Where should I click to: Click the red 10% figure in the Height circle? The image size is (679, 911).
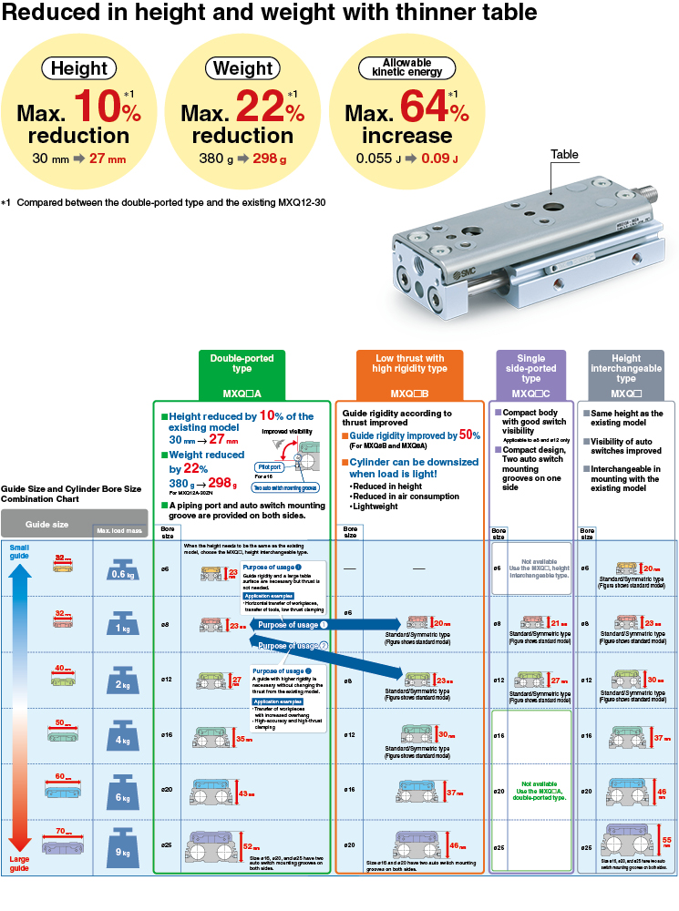pyautogui.click(x=108, y=108)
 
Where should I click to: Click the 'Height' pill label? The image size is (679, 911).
pyautogui.click(x=78, y=68)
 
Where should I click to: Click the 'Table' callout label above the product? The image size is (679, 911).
pyautogui.click(x=564, y=155)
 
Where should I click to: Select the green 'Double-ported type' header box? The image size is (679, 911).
pyautogui.click(x=242, y=374)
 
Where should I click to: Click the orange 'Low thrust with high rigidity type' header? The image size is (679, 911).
pyautogui.click(x=408, y=374)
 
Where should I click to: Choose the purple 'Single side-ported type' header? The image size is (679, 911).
pyautogui.click(x=531, y=374)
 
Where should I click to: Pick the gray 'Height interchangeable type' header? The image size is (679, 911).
pyautogui.click(x=626, y=374)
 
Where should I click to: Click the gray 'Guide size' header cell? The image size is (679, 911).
pyautogui.click(x=46, y=525)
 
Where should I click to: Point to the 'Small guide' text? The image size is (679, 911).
pyautogui.click(x=19, y=552)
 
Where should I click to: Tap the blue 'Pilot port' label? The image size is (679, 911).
pyautogui.click(x=269, y=466)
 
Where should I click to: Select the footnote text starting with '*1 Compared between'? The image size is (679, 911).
pyautogui.click(x=163, y=202)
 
